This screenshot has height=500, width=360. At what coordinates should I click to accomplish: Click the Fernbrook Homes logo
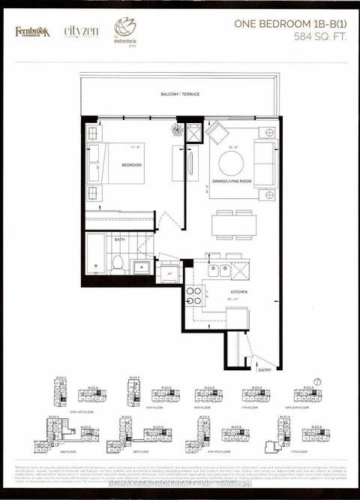[31, 32]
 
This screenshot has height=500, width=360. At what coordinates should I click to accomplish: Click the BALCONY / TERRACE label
[179, 94]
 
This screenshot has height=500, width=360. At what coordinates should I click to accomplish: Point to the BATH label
[119, 240]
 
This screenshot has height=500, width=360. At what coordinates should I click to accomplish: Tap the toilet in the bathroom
[117, 264]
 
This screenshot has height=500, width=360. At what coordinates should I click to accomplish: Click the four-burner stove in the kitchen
[193, 295]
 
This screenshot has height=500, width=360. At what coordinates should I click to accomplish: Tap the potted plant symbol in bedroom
[176, 130]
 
